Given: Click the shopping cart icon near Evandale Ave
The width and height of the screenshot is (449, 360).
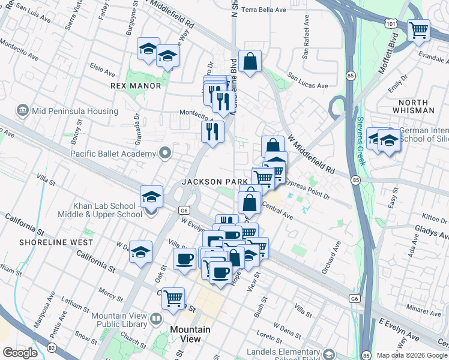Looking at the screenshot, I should (x=418, y=30).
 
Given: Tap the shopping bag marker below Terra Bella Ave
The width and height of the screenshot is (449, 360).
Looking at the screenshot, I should (x=250, y=61).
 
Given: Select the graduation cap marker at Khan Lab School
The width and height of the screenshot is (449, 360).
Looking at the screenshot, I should (x=151, y=197).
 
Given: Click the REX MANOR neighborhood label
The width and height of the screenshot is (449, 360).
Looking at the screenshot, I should (x=136, y=86).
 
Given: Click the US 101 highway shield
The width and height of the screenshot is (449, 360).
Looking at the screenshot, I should (x=391, y=22).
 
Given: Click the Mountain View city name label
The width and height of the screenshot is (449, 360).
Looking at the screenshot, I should (x=190, y=334).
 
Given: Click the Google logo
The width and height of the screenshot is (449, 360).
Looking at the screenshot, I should (x=20, y=353).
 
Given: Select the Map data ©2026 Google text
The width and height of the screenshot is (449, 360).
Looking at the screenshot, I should (x=412, y=355).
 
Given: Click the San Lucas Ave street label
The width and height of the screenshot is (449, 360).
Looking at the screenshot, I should (x=307, y=80).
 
